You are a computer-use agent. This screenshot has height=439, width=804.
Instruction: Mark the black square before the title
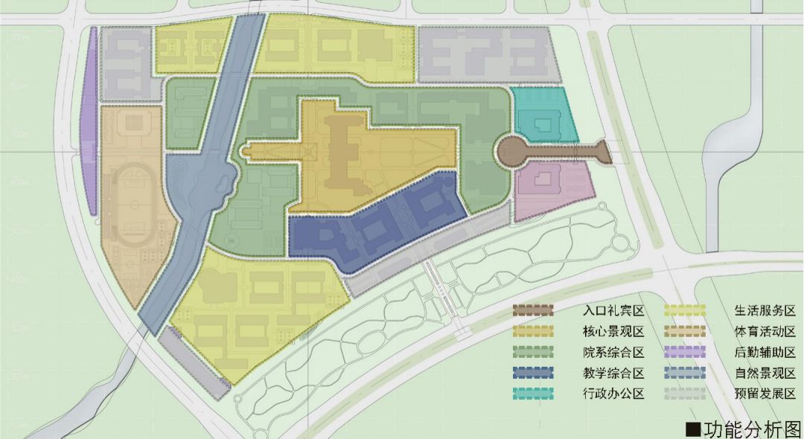click(x=692, y=428)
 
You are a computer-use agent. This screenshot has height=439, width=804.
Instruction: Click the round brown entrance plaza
click(x=513, y=152)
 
